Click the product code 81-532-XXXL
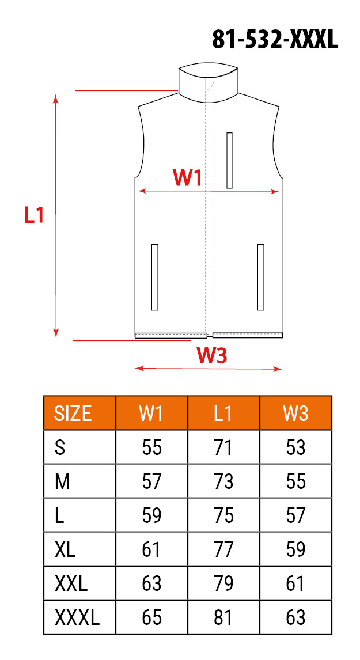tap(275, 40)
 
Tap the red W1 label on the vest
tap(187, 177)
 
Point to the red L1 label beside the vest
tap(33, 215)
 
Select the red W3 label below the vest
tap(212, 356)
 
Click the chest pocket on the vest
tap(229, 160)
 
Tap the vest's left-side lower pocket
tap(154, 277)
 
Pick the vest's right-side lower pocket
tap(260, 277)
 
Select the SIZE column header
tap(73, 414)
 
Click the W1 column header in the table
tap(151, 414)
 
